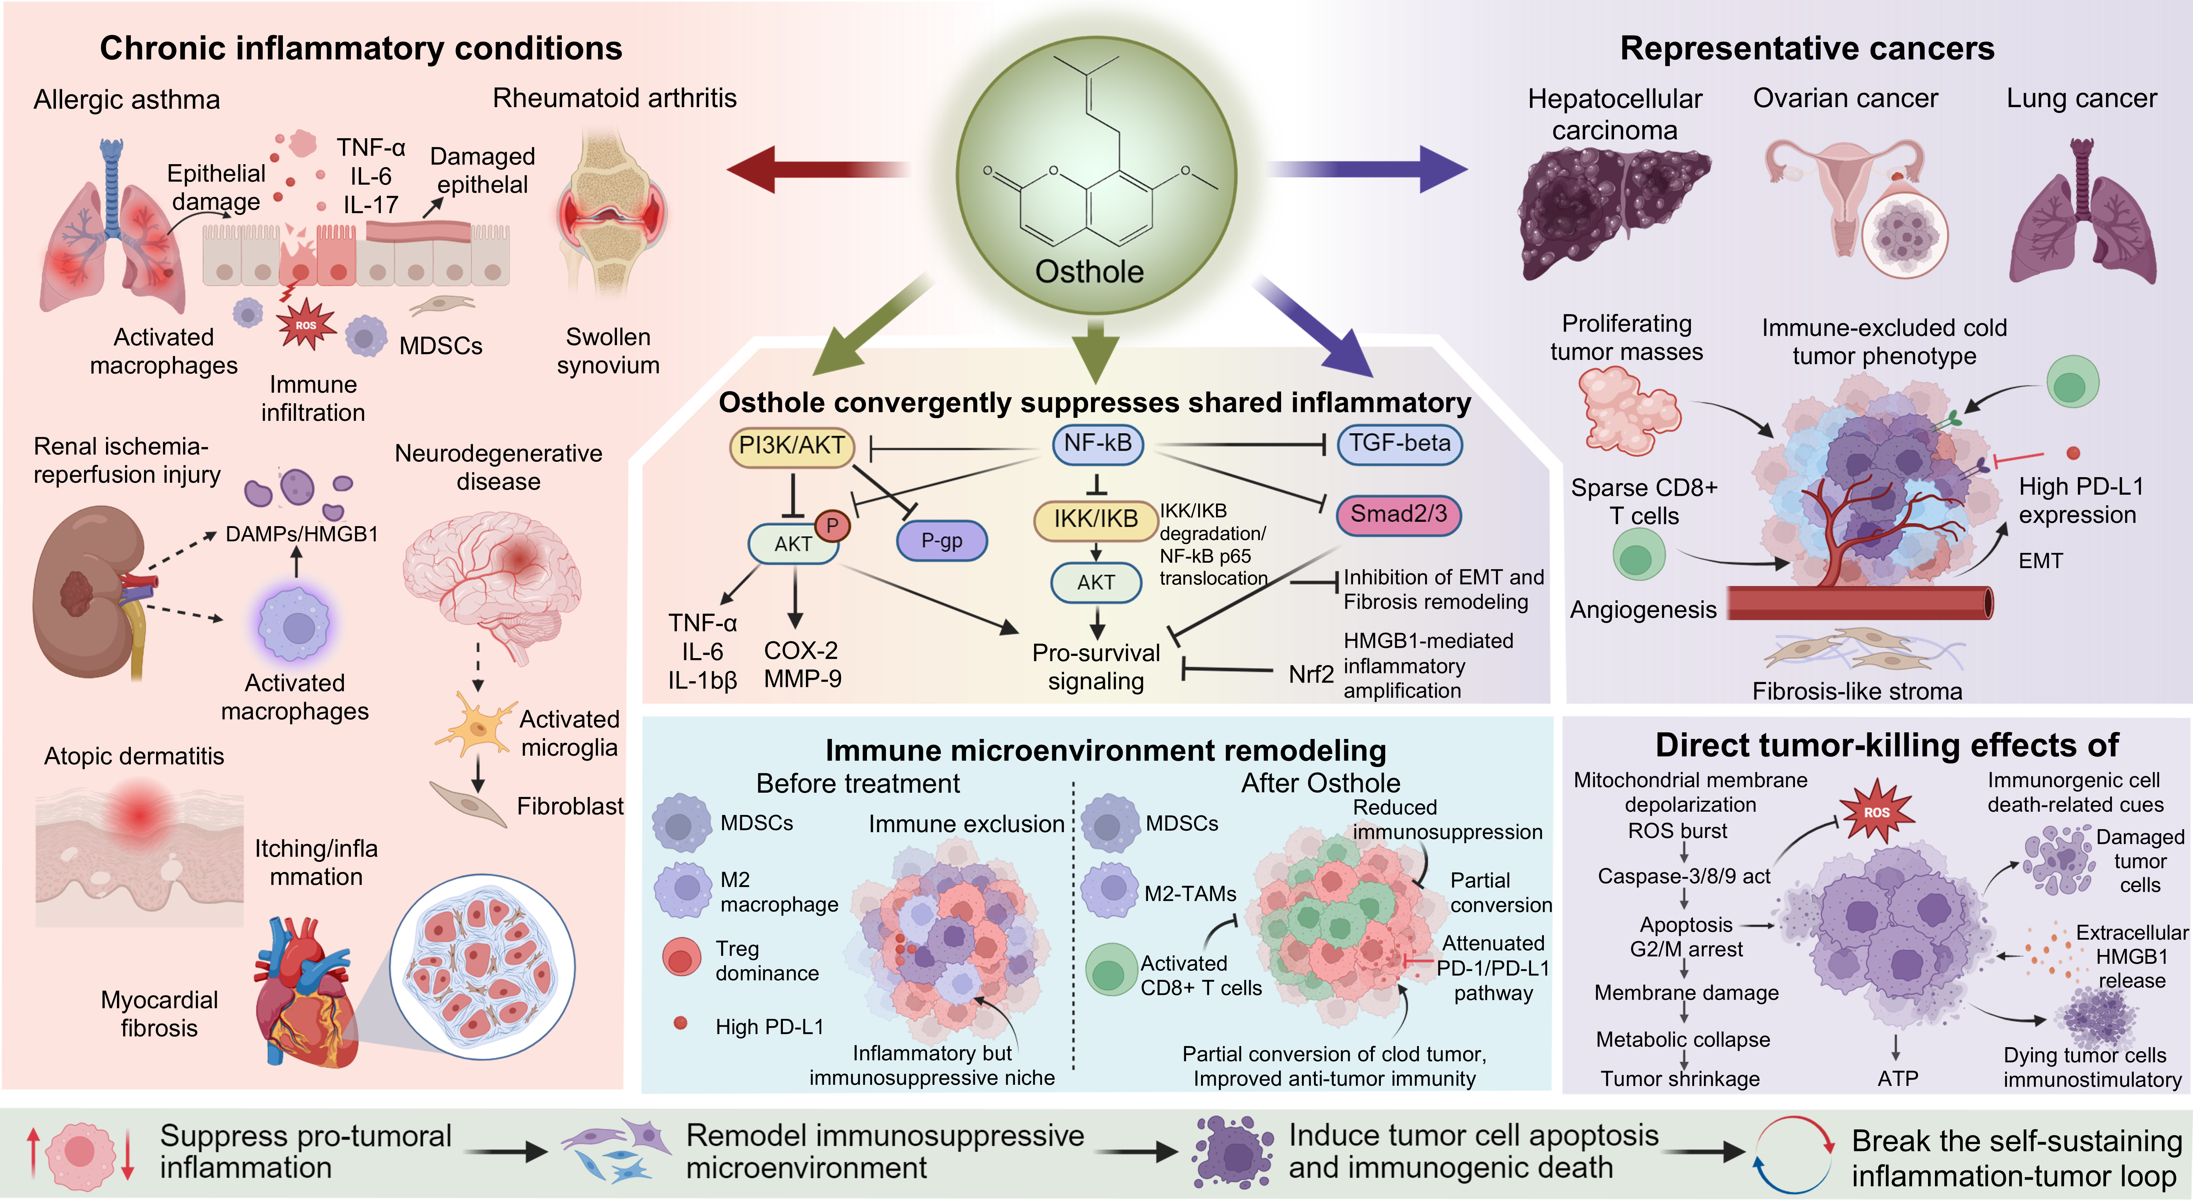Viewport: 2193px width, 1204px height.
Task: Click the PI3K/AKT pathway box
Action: click(x=792, y=446)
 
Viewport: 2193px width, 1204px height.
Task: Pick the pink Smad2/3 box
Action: click(x=1399, y=514)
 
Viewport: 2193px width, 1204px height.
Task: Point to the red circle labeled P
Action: click(x=833, y=525)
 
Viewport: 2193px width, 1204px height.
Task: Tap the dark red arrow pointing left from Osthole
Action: click(x=817, y=169)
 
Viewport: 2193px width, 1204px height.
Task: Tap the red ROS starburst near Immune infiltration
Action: click(x=306, y=324)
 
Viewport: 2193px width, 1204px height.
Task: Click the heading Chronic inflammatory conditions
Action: click(x=361, y=49)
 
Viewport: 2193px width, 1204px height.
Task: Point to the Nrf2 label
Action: click(x=1311, y=674)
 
